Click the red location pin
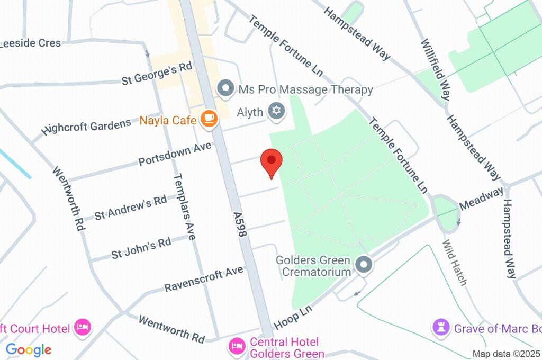pyautogui.click(x=272, y=162)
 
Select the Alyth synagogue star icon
pyautogui.click(x=275, y=111)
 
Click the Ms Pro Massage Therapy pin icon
pyautogui.click(x=227, y=89)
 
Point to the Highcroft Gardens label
pyautogui.click(x=87, y=127)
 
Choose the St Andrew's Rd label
pyautogui.click(x=131, y=207)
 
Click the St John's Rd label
pyautogui.click(x=141, y=248)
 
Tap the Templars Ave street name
pyautogui.click(x=185, y=206)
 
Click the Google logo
pyautogui.click(x=29, y=350)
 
